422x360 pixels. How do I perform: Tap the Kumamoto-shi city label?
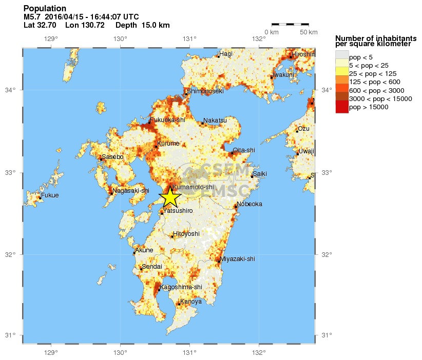pos(193,187)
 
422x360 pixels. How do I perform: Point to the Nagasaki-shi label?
pos(131,191)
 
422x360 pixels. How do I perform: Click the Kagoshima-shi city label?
pos(181,287)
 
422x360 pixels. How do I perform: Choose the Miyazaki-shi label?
pos(237,259)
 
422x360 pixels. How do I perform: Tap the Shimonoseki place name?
pos(205,91)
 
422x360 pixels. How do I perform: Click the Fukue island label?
pos(50,195)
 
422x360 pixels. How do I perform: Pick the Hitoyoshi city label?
pos(186,233)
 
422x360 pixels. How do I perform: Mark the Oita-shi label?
pos(244,150)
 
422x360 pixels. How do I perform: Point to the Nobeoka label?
pos(250,204)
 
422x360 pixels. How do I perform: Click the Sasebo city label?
pos(112,156)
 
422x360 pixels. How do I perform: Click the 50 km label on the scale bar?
pos(309,32)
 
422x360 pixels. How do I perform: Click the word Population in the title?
pos(45,9)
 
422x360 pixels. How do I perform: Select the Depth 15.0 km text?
pos(142,25)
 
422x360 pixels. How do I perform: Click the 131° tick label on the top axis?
pos(190,38)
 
